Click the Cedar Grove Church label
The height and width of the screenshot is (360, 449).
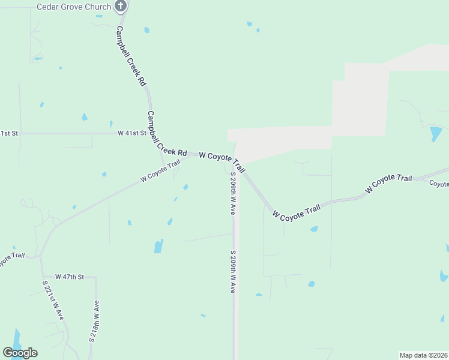point(74,7)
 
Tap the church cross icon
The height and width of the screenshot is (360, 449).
point(121,7)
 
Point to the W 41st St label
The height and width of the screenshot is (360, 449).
point(132,133)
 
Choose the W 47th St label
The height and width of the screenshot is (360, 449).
point(69,277)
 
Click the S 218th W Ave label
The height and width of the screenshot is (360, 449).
point(94,321)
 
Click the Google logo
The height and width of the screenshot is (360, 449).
point(20,353)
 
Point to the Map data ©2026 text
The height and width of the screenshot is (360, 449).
point(423,355)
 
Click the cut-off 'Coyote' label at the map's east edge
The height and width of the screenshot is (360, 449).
point(439,184)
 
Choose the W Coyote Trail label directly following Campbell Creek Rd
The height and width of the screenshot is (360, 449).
point(222,160)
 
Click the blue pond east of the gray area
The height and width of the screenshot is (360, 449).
point(435,133)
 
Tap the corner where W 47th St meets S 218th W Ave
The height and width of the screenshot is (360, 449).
point(95,278)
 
